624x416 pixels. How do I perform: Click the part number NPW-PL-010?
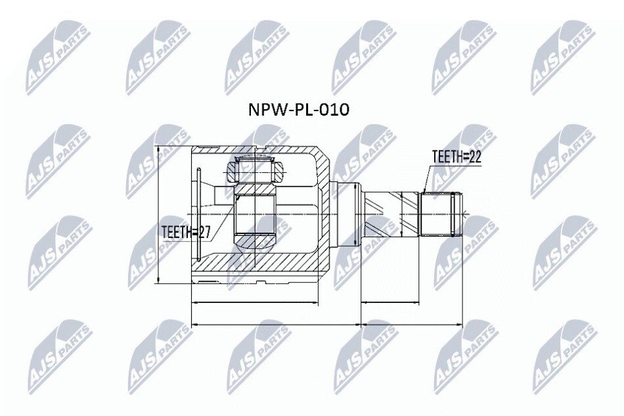[298, 110]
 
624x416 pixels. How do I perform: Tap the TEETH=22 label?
[457, 157]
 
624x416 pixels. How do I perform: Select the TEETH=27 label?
[186, 232]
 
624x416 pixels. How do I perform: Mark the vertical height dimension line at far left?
[158, 214]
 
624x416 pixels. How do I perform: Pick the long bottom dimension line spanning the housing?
[276, 325]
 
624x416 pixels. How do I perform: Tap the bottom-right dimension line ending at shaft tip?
[412, 325]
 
